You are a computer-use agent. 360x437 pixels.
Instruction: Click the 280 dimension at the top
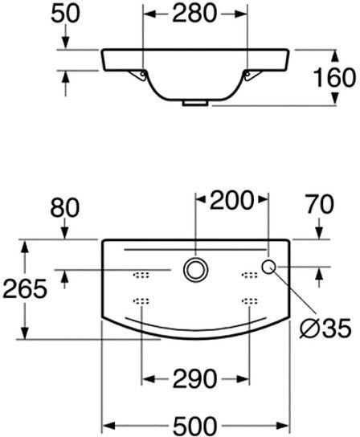click(194, 14)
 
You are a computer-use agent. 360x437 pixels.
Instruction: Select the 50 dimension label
click(65, 14)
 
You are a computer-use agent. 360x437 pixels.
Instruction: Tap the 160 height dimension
click(334, 77)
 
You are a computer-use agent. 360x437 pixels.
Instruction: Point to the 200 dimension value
click(231, 200)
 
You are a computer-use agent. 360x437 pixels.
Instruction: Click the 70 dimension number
click(320, 204)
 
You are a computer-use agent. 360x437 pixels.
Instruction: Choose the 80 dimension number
click(65, 207)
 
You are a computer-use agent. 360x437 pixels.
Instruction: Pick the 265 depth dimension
click(25, 288)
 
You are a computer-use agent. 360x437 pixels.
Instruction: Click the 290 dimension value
click(194, 378)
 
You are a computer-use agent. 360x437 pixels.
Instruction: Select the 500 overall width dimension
click(195, 426)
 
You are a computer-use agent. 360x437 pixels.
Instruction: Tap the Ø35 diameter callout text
click(325, 328)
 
